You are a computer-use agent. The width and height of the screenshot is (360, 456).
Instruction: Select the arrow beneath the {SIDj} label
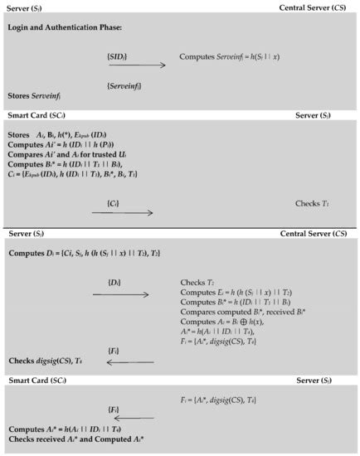click(136, 65)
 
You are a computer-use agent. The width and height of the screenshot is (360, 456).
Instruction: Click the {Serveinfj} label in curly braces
click(124, 85)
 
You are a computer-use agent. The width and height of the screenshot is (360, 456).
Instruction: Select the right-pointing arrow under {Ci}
click(122, 213)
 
